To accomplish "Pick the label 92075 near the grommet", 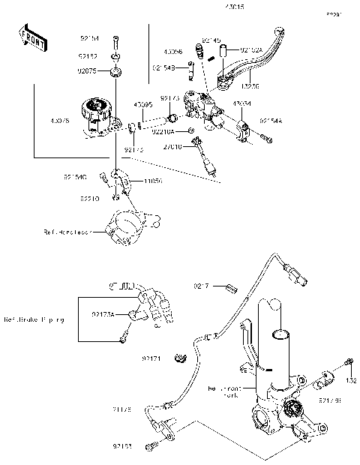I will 89,70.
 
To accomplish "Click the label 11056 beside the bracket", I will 154,181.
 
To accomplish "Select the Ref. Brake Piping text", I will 34,319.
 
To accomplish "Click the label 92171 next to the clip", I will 152,360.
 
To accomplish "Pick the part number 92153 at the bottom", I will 124,446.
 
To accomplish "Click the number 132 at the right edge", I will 351,381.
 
